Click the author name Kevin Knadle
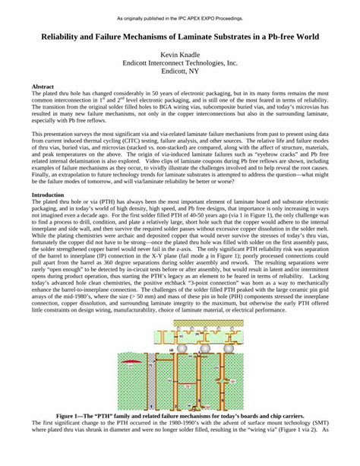[180, 55]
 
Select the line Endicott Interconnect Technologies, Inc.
[180, 65]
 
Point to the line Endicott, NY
[180, 74]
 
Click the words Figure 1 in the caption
[74, 417]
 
